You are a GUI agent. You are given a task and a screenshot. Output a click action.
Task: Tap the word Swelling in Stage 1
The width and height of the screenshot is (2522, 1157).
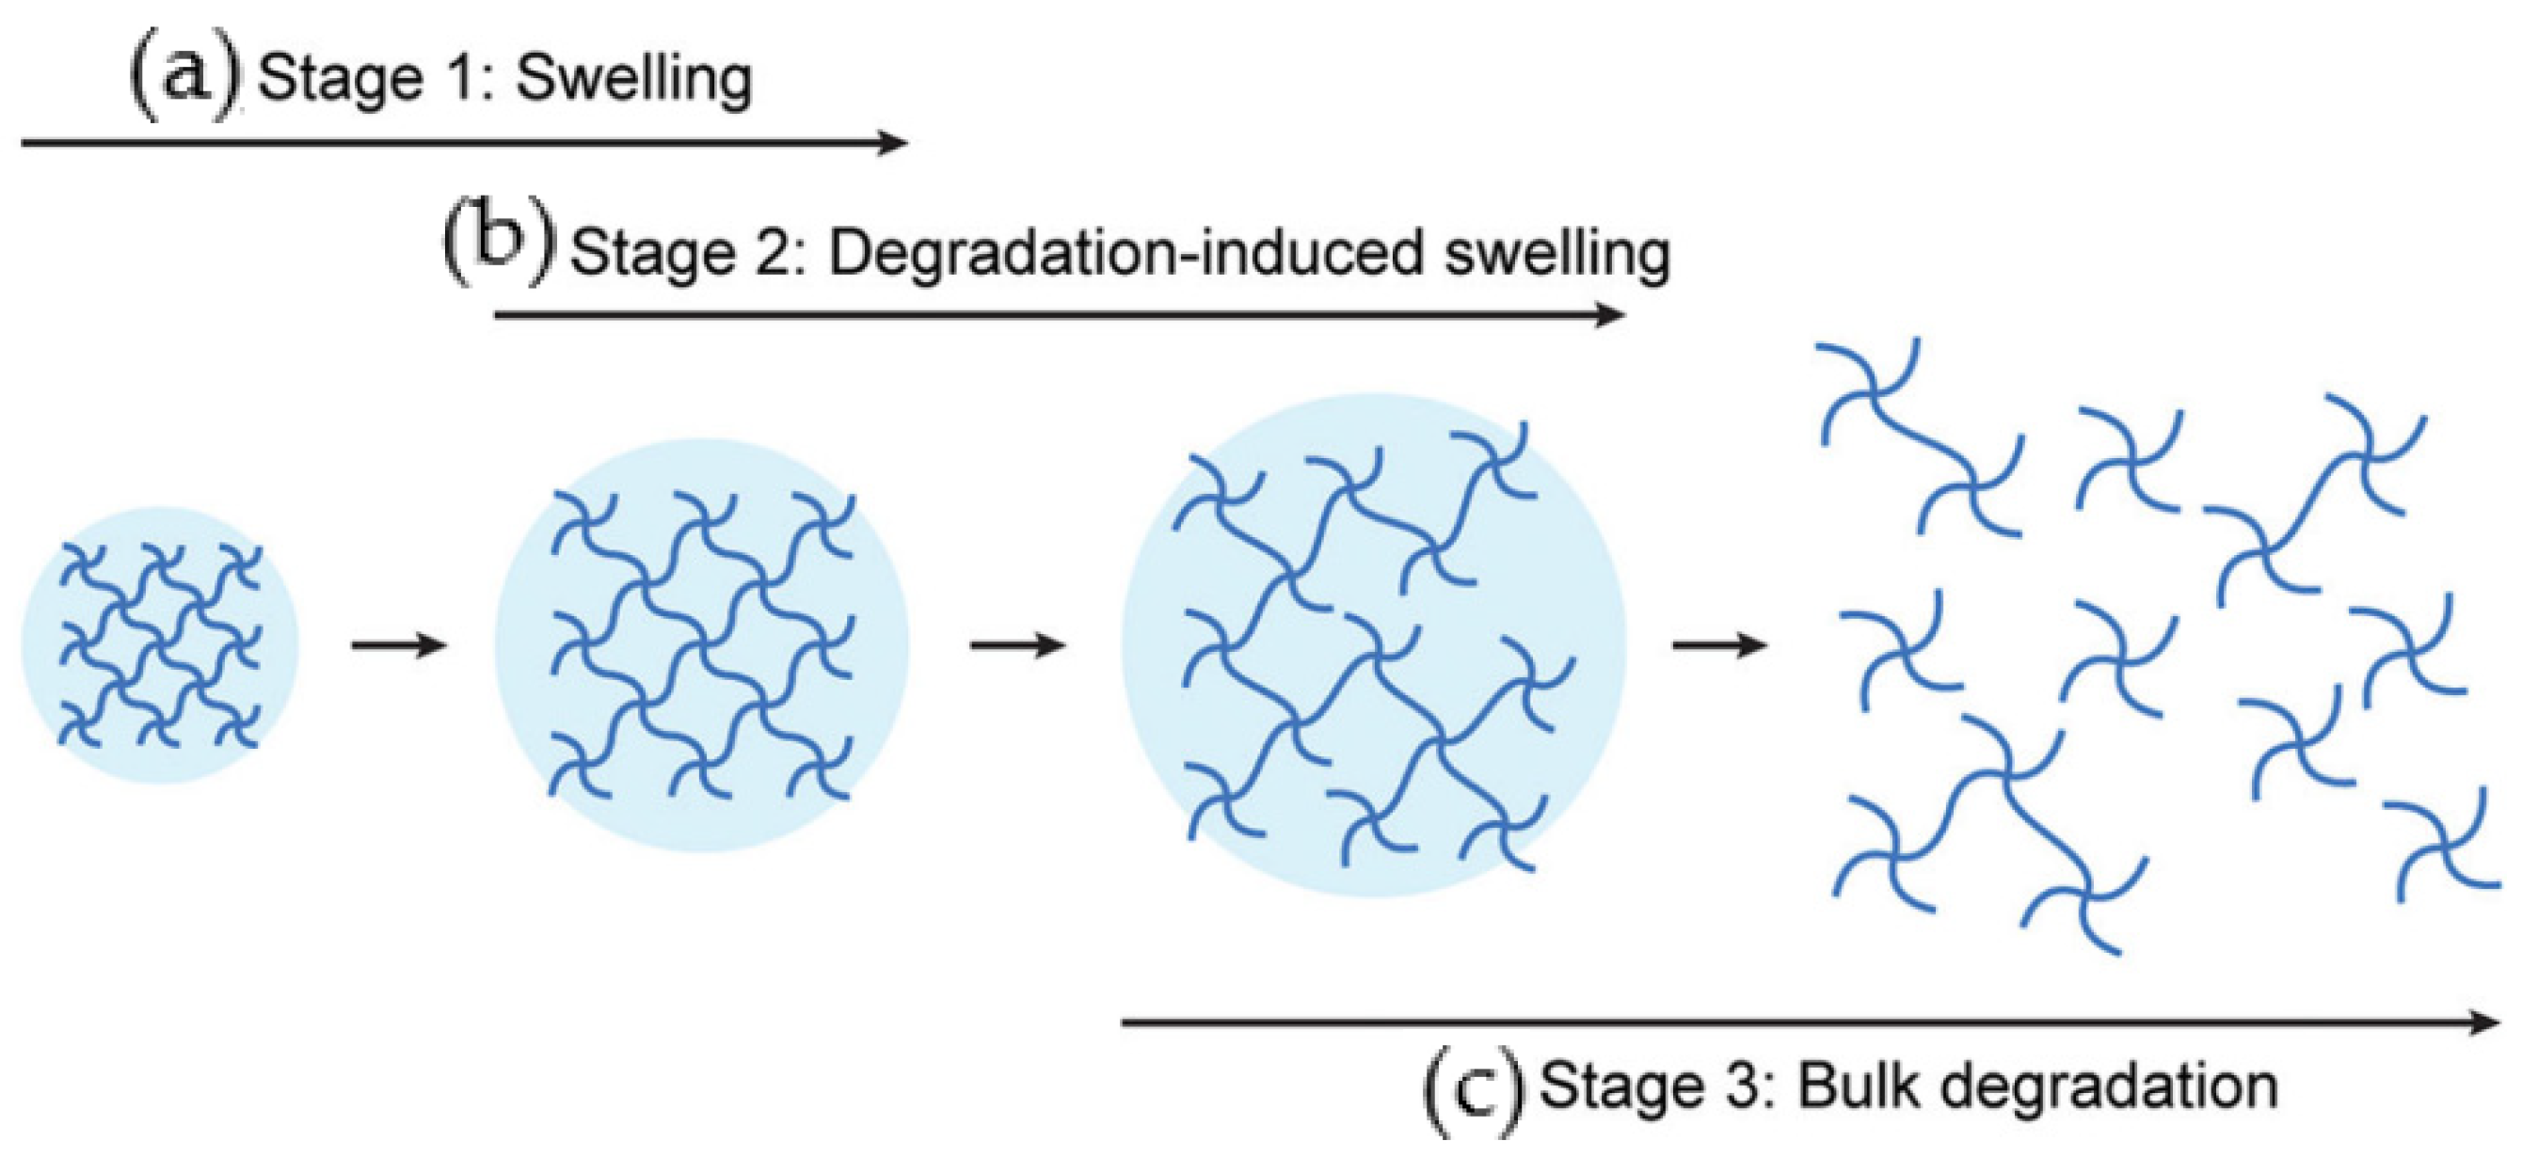coord(634,80)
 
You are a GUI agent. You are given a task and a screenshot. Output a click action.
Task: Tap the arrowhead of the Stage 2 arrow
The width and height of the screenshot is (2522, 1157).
coord(1609,315)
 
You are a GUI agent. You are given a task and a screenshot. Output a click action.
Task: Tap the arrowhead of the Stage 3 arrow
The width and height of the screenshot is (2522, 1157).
coord(2482,1022)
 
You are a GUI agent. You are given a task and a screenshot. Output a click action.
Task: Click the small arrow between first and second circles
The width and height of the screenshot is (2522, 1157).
coord(399,645)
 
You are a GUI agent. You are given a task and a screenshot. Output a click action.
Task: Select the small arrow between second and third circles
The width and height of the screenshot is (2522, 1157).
coord(1018,645)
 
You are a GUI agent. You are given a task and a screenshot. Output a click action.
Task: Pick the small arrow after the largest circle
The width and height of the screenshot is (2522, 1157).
coord(1719,645)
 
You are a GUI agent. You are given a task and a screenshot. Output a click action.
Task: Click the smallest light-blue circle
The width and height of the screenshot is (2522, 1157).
coord(160,645)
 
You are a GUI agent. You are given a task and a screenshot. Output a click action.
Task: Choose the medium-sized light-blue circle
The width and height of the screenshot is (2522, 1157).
coord(702,645)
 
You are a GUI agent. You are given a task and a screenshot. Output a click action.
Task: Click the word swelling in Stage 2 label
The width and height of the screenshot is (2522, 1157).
coord(1556,255)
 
